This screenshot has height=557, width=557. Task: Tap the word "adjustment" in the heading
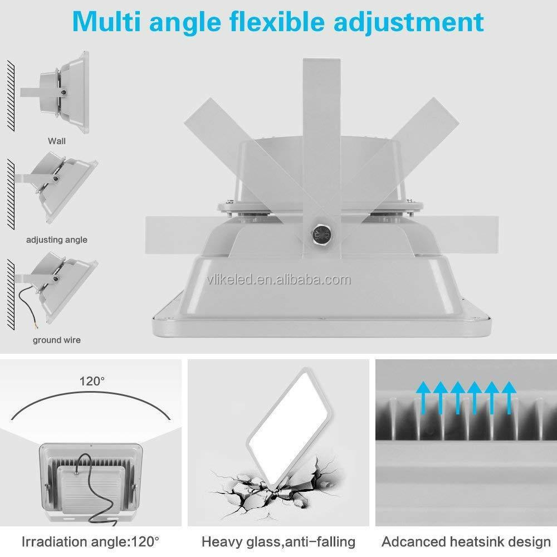pyautogui.click(x=408, y=22)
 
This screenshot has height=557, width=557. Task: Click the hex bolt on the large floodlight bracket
pyautogui.click(x=321, y=234)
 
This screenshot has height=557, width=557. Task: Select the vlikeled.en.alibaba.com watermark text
pyautogui.click(x=278, y=280)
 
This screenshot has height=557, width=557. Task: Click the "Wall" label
pyautogui.click(x=57, y=141)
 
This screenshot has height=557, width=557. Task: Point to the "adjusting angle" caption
pyautogui.click(x=57, y=240)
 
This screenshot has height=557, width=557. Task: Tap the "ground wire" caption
pyautogui.click(x=57, y=340)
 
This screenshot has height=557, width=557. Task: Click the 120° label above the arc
pyautogui.click(x=92, y=381)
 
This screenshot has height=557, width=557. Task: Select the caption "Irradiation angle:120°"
pyautogui.click(x=91, y=542)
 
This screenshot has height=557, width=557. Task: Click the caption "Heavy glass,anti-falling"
pyautogui.click(x=278, y=542)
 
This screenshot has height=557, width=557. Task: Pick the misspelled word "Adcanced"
pyautogui.click(x=413, y=542)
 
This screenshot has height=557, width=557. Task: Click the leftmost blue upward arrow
pyautogui.click(x=423, y=398)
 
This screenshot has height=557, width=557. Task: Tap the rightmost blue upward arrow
pyautogui.click(x=509, y=398)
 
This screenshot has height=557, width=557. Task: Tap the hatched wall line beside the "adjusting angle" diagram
pyautogui.click(x=11, y=194)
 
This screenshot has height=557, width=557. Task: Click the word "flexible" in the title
pyautogui.click(x=277, y=22)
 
